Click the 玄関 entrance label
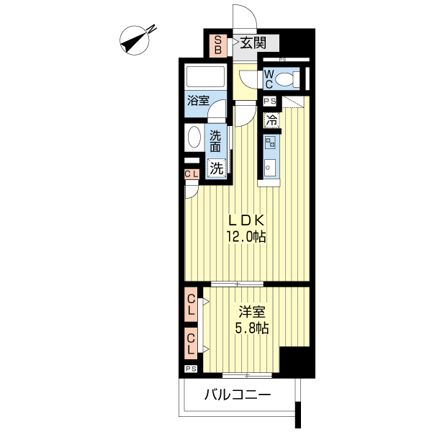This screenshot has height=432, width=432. [x=253, y=43]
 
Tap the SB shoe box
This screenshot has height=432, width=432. [x=218, y=46]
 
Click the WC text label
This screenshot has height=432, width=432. [x=269, y=79]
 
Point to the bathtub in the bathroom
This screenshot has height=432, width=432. [x=205, y=77]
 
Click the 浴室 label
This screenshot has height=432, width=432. [x=199, y=101]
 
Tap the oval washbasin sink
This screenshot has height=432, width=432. [x=194, y=137]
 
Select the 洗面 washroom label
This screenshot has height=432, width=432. [x=215, y=141]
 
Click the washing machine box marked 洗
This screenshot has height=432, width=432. [x=217, y=168]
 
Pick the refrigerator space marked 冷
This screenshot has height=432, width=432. [x=272, y=120]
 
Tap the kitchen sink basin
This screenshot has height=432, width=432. [x=270, y=168]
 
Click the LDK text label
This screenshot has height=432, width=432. [x=246, y=220]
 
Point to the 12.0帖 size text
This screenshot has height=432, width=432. [x=246, y=236]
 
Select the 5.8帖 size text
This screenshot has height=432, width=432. [x=251, y=328]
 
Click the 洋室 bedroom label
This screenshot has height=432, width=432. [x=252, y=312]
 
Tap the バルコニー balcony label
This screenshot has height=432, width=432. [x=238, y=395]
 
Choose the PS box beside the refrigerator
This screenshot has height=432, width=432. [x=270, y=101]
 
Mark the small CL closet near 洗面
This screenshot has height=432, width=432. [x=192, y=174]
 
